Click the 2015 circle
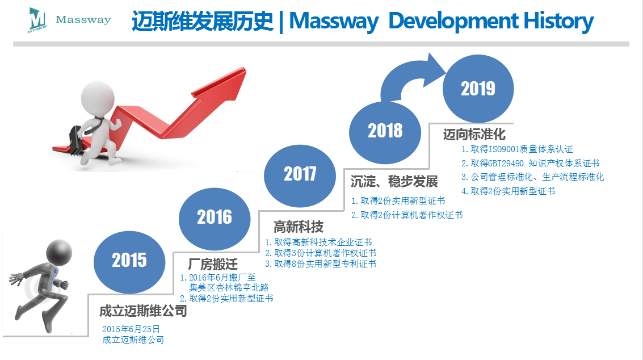point(129,262)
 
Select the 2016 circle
point(215,219)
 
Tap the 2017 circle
point(300,175)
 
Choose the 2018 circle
point(385,133)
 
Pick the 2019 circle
point(478,89)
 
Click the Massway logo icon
point(37,20)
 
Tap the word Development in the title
point(453,22)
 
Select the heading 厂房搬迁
point(213,264)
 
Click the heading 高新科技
point(299,227)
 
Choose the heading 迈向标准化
point(474,134)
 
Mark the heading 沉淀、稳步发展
point(394,182)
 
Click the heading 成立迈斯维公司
point(143,311)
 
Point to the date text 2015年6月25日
point(131,329)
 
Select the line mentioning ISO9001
point(517,149)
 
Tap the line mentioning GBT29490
point(530,164)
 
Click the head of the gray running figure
point(60,252)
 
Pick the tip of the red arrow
point(246,68)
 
